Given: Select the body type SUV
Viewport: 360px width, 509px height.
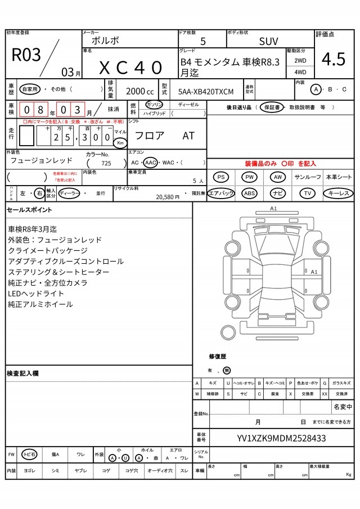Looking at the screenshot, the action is coord(268,42).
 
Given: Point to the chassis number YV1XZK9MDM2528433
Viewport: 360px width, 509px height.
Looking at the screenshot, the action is coord(281,438).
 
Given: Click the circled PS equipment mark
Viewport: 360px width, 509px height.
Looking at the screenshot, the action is coord(222,177).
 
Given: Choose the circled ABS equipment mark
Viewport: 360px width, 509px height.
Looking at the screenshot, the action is coord(249,193).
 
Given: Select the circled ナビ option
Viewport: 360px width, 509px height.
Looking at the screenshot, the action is coord(278,193).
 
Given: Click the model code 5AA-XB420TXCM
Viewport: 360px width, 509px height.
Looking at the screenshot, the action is coord(205,91).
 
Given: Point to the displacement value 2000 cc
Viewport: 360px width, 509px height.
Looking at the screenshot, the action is coord(139,91).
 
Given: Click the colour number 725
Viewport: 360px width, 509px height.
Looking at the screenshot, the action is coord(106,163).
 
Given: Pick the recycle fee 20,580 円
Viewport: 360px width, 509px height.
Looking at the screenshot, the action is coord(168,196).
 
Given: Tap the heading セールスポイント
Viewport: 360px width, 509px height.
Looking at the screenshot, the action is coord(29,210).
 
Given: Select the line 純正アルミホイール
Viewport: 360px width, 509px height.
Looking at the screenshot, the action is coord(40,304).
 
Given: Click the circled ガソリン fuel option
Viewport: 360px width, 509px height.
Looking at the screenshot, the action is coord(154,105).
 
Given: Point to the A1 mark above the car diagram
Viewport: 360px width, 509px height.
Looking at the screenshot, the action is coord(274,208).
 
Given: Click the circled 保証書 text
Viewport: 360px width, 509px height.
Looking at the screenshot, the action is coord(272,107).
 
